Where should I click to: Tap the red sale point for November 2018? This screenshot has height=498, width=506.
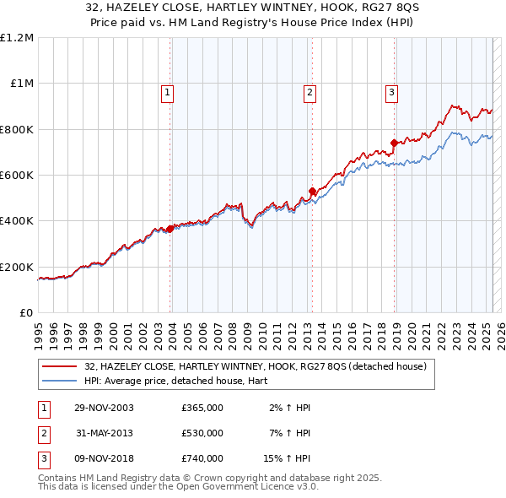394,143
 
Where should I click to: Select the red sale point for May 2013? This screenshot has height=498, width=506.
312,191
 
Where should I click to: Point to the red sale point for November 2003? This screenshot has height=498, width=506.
170,229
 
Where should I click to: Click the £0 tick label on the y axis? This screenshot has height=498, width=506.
24,313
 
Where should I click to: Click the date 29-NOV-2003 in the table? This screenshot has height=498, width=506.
105,408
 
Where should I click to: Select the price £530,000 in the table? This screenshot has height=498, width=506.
202,433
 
